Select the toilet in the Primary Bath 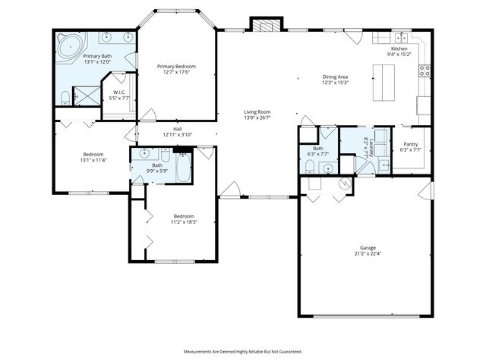coord(65,96)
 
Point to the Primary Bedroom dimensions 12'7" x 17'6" coord(176,73)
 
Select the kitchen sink coord(399,37)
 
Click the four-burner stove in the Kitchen coord(424,72)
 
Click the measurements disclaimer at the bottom coord(242,351)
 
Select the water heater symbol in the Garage coord(346,183)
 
